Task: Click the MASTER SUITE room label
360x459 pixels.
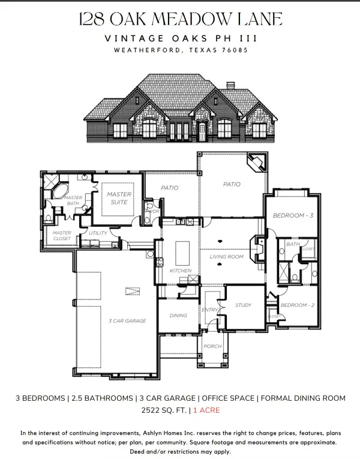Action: click(119, 198)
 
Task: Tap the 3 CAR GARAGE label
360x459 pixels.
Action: click(127, 321)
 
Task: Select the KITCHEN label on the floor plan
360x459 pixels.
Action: click(181, 271)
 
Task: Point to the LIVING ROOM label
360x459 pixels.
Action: click(226, 257)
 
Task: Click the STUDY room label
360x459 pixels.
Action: click(242, 305)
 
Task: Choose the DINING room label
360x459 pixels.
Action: click(178, 315)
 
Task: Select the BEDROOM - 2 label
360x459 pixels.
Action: click(294, 305)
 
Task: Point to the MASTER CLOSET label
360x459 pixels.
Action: click(62, 236)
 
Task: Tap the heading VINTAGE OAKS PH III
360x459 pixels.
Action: click(180, 38)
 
